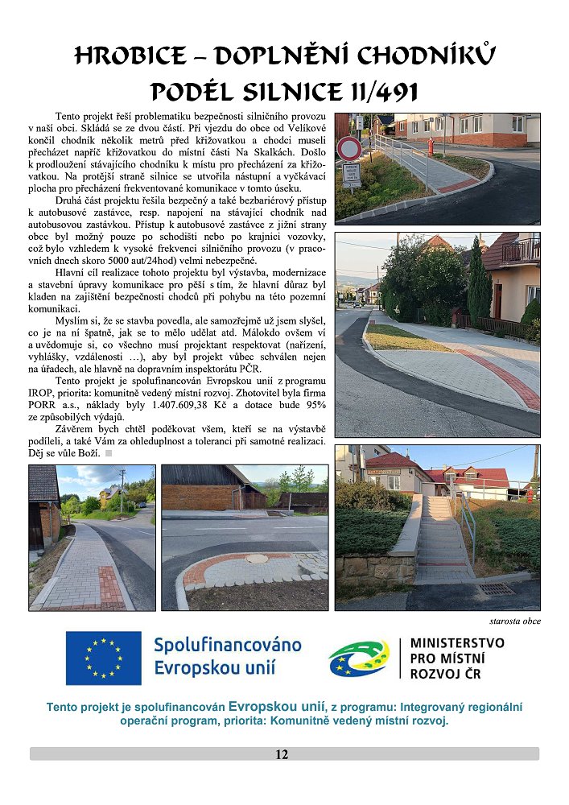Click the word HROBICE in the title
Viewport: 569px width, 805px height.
click(128, 56)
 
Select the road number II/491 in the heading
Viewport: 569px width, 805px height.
click(378, 92)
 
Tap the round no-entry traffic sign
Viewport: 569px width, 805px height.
click(349, 147)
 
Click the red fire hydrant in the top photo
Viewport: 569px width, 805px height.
click(431, 147)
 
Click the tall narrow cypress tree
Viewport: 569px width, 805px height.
click(478, 281)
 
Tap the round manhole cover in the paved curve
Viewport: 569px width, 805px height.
click(258, 557)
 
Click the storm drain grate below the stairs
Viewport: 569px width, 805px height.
click(496, 589)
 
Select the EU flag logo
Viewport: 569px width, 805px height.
click(104, 657)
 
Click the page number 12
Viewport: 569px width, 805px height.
click(282, 754)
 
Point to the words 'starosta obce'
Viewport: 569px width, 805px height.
click(515, 621)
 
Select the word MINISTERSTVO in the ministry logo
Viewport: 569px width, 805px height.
click(457, 643)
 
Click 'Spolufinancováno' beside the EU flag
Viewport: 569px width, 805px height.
click(227, 645)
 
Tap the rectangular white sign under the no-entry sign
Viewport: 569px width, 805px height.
click(350, 174)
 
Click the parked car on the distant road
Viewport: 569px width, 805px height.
click(357, 303)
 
